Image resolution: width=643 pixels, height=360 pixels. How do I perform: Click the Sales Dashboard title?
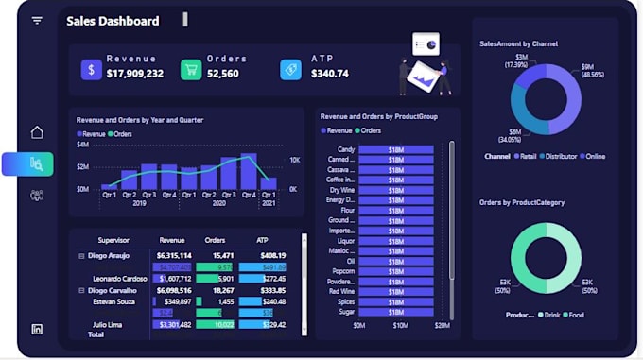113,21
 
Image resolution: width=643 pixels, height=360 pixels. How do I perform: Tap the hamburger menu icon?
37,20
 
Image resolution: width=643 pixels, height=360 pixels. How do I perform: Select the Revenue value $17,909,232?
134,74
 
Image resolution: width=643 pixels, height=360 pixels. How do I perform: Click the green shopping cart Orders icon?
191,69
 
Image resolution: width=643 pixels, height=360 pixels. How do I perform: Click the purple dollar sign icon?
91,69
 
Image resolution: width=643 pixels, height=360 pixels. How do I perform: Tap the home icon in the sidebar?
37,132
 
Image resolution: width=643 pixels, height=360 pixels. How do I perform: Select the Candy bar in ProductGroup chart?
395,149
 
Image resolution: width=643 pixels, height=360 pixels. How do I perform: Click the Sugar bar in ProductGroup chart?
395,311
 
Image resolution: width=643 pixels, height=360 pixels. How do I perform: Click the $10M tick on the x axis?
400,326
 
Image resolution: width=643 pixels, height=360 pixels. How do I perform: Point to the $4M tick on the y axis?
82,145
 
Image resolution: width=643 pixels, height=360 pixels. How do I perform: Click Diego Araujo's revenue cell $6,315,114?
174,255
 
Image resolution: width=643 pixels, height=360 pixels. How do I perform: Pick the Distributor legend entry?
561,156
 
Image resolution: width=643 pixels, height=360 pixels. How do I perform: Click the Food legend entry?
574,315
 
